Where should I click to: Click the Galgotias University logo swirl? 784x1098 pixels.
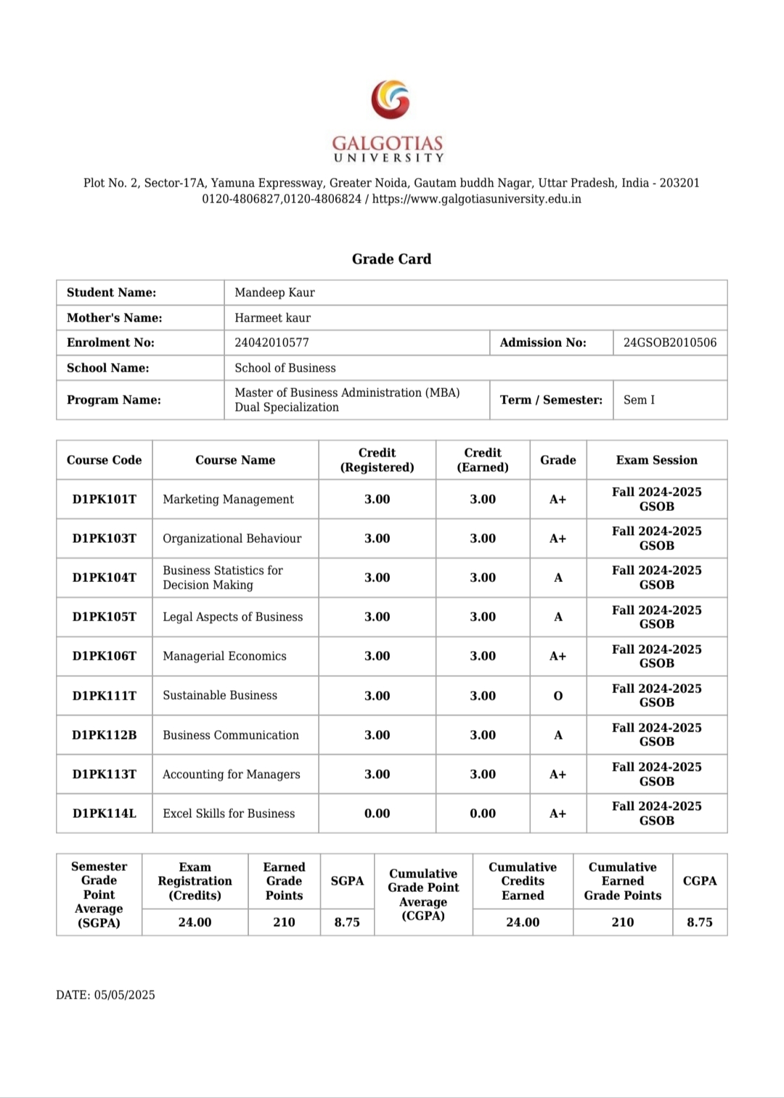click(x=391, y=99)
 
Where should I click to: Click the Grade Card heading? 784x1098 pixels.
click(x=391, y=259)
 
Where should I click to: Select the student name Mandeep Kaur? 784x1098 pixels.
click(x=274, y=292)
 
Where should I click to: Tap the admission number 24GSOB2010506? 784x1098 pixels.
click(x=669, y=343)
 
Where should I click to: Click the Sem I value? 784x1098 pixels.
click(x=639, y=400)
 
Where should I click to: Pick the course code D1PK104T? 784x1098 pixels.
click(x=104, y=578)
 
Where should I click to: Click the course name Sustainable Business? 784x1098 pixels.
click(x=220, y=695)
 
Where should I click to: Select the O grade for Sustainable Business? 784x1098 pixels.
click(x=558, y=696)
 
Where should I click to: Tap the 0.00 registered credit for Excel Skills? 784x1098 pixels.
click(x=377, y=814)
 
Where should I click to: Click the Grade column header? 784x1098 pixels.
click(x=558, y=460)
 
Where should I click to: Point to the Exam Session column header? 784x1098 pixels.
click(x=656, y=460)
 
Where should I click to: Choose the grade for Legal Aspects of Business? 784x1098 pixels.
click(x=558, y=617)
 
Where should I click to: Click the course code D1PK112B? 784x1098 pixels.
click(x=104, y=735)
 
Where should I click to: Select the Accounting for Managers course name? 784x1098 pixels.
click(x=231, y=774)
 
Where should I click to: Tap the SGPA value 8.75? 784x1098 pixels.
click(x=347, y=922)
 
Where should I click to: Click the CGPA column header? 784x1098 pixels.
click(x=700, y=881)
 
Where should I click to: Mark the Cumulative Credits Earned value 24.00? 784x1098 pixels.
click(x=523, y=922)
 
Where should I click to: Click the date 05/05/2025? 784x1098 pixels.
click(x=123, y=995)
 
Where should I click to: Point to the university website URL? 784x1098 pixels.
click(x=477, y=199)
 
